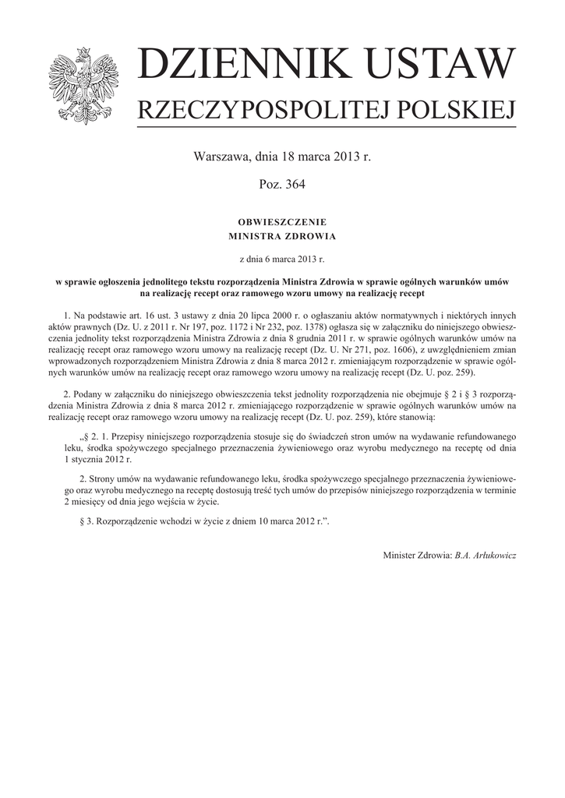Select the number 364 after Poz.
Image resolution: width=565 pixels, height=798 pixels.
point(295,185)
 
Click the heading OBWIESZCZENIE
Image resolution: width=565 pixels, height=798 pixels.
point(282,222)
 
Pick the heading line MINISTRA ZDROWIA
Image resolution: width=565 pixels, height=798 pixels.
point(282,234)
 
